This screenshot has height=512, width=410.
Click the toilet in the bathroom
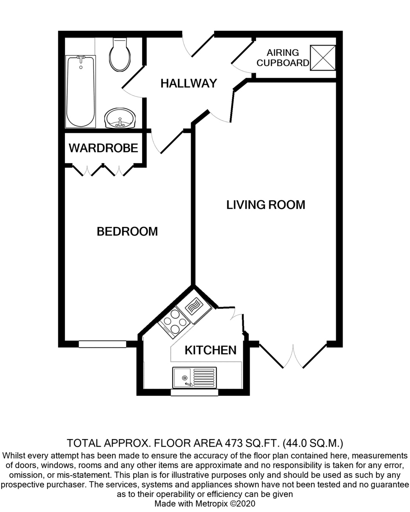(x=120, y=54)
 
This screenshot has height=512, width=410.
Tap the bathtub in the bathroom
(x=81, y=91)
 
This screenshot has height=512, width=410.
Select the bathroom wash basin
(x=120, y=118)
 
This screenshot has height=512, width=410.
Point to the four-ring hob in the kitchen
(x=174, y=323)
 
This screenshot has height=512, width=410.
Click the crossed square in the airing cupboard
(x=323, y=58)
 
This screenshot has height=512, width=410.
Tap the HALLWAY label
(x=189, y=84)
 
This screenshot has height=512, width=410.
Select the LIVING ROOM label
(x=265, y=205)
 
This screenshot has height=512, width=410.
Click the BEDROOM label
(x=127, y=232)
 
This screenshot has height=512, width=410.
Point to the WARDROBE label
(x=103, y=148)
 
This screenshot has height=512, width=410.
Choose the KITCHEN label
(x=210, y=350)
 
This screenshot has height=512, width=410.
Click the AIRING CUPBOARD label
(x=283, y=58)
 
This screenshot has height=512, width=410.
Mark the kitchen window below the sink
(x=195, y=393)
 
